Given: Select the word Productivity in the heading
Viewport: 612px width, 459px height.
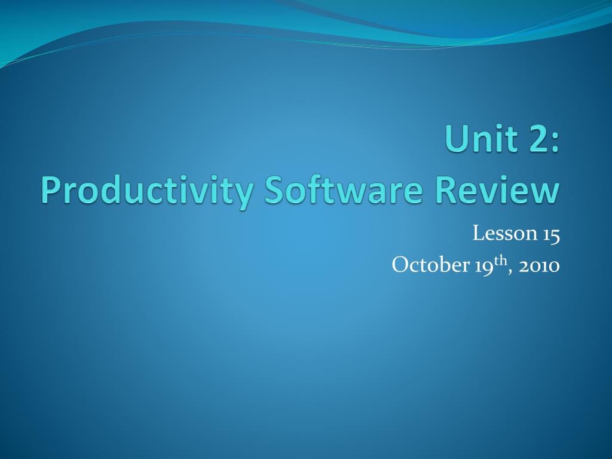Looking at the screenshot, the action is [147, 192].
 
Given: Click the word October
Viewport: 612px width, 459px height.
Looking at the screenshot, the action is [430, 265].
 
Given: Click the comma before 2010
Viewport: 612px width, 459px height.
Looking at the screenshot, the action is [510, 272].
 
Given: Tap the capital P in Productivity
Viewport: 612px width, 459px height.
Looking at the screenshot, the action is [51, 190].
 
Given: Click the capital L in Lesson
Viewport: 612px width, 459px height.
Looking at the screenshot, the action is [479, 233].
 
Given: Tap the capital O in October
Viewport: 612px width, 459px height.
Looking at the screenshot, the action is [400, 265].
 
